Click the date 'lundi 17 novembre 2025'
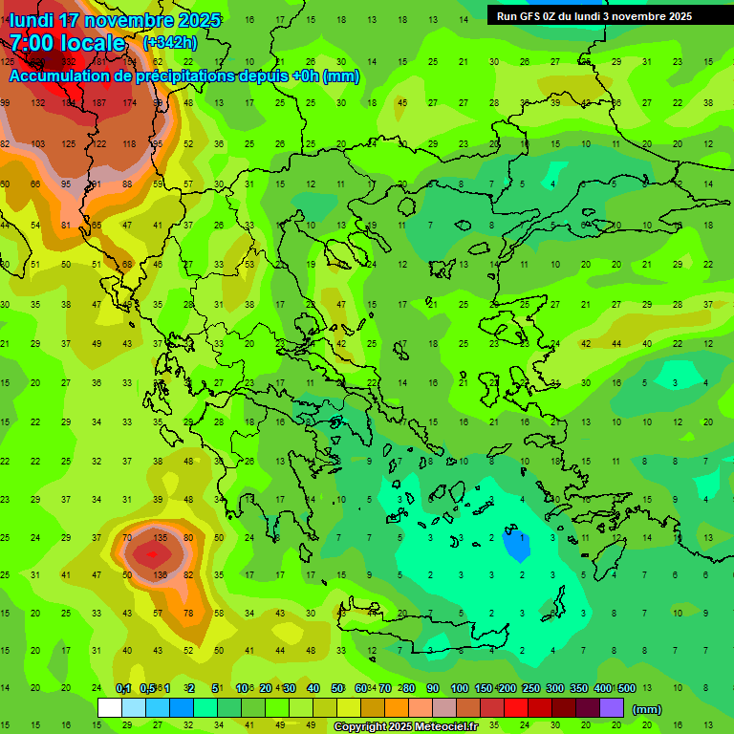[115, 20]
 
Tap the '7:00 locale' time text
[67, 43]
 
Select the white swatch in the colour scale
[110, 708]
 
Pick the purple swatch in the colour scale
[612, 708]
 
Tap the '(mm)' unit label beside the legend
[647, 709]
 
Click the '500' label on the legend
[626, 688]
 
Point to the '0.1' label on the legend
[123, 688]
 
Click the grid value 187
[98, 102]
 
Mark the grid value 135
[161, 537]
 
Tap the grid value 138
[161, 574]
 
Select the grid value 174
[129, 102]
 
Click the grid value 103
[38, 143]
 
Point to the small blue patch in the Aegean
[516, 546]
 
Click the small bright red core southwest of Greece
[149, 553]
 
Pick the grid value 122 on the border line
[98, 143]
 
